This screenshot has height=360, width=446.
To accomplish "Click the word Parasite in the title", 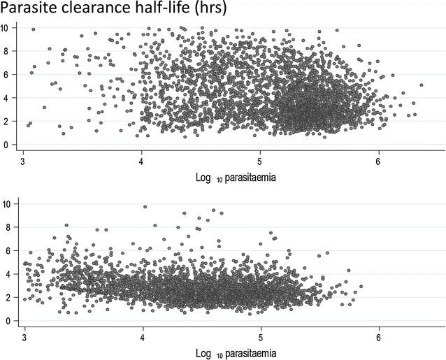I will pyautogui.click(x=28, y=9).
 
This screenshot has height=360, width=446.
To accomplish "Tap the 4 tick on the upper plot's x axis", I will pyautogui.click(x=142, y=159).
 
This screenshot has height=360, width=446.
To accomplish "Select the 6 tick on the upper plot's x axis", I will pyautogui.click(x=379, y=159).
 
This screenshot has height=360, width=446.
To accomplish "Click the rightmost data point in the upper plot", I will pyautogui.click(x=421, y=85).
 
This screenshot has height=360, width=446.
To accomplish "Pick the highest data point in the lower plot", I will pyautogui.click(x=145, y=207).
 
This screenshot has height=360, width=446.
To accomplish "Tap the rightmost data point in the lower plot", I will pyautogui.click(x=360, y=286).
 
